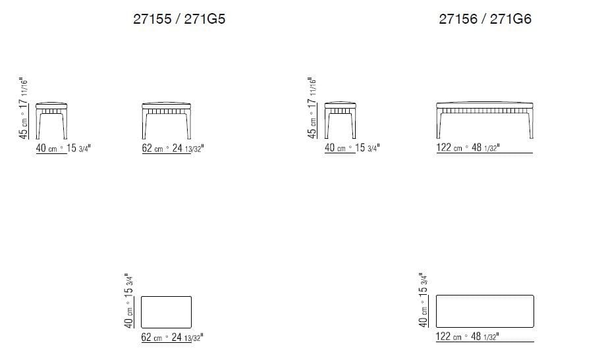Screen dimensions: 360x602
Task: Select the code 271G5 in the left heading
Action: pos(205,20)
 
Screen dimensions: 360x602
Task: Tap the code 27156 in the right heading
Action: pos(459,20)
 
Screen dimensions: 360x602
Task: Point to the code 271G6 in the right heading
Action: pos(510,20)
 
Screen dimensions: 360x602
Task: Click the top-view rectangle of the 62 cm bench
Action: pos(166,311)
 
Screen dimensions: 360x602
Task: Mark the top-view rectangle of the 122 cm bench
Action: pos(485,311)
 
